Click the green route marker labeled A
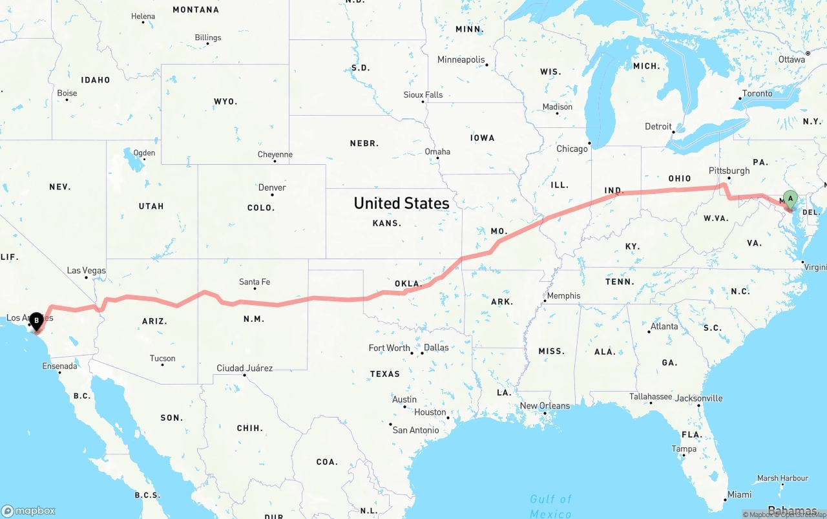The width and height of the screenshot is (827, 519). click(x=790, y=198)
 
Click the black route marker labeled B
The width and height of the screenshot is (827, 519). click(x=37, y=319)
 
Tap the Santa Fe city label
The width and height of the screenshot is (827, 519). click(x=255, y=282)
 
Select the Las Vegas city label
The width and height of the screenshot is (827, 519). click(x=87, y=271)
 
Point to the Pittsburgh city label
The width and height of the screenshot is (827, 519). click(x=729, y=171)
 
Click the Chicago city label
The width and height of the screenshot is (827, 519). click(x=572, y=149)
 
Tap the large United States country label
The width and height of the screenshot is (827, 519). click(x=401, y=203)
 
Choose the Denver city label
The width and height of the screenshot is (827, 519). click(x=272, y=187)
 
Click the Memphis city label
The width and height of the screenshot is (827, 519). click(x=563, y=296)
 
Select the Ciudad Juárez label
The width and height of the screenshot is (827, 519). click(x=244, y=368)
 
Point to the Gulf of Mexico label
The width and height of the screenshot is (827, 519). click(x=550, y=505)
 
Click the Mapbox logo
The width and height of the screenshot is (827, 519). click(x=28, y=511)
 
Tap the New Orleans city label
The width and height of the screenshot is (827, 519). click(x=545, y=406)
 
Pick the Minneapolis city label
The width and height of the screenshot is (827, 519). click(x=461, y=60)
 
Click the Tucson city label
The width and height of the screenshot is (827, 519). click(x=162, y=358)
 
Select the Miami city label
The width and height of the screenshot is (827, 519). click(x=738, y=494)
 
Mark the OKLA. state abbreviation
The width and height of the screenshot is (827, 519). click(x=408, y=284)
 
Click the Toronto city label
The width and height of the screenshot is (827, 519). click(x=757, y=94)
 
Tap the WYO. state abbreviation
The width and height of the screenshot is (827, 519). click(x=225, y=101)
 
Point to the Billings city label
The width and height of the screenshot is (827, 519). click(x=208, y=37)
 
